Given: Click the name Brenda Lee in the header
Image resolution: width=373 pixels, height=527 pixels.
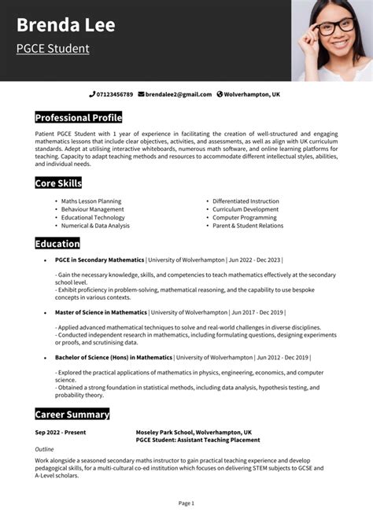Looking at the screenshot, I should coord(65,25).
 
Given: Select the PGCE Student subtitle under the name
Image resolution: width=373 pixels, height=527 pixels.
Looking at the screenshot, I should coord(53,49).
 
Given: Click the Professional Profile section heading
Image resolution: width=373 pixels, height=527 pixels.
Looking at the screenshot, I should coord(79,118).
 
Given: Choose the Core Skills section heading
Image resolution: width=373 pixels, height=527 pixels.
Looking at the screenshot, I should coord(58,183).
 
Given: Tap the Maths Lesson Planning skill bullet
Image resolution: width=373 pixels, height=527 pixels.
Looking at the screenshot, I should coord(91,201).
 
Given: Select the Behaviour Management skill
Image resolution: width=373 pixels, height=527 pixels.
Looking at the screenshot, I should coord(92,209).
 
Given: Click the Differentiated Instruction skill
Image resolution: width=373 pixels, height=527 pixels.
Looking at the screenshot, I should coord(246,201).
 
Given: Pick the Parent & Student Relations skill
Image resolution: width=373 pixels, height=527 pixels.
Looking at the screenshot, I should coord(248,226).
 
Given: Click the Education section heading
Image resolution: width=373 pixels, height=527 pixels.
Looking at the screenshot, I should coord(57,244).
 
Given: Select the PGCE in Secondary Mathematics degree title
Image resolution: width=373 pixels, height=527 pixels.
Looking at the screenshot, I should coord(100,260).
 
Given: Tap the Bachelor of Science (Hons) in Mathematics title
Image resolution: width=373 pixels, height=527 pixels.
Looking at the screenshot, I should coord(113,357).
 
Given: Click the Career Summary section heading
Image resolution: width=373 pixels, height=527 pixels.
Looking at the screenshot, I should coord(72,414).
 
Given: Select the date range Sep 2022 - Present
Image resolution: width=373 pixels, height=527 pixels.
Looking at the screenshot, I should coord(61,432).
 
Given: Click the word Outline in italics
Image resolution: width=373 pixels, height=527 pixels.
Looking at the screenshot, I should coord(44,448).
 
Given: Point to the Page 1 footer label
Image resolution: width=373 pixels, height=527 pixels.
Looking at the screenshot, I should coord(186,503).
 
